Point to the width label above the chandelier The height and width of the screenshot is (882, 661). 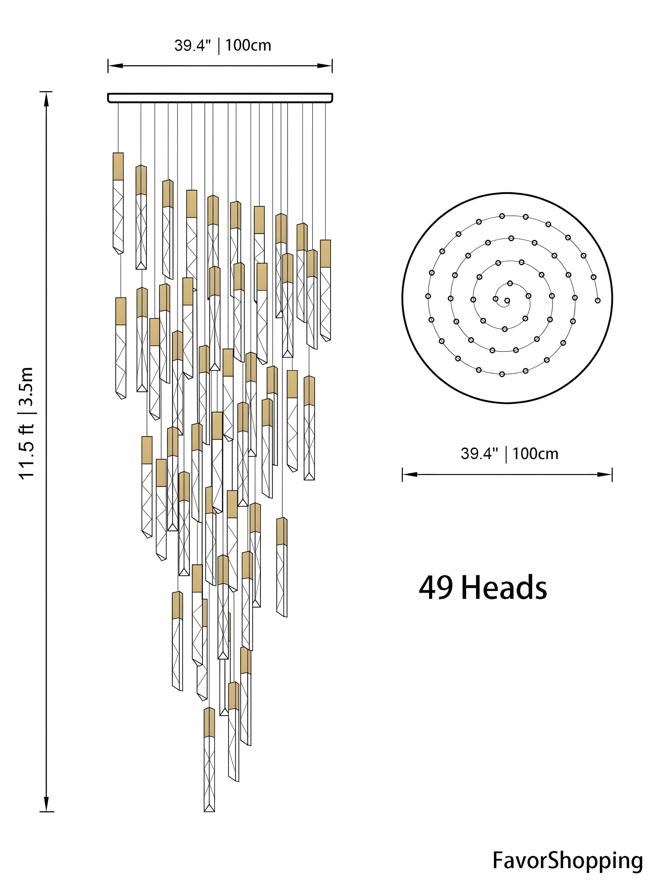(x=223, y=45)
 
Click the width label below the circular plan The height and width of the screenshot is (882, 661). (x=510, y=454)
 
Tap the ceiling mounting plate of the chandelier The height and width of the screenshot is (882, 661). (x=220, y=98)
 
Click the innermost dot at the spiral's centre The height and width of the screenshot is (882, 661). (x=507, y=300)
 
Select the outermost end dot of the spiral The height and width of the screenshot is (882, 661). (x=597, y=300)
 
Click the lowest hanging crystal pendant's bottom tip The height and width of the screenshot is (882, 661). (x=209, y=811)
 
